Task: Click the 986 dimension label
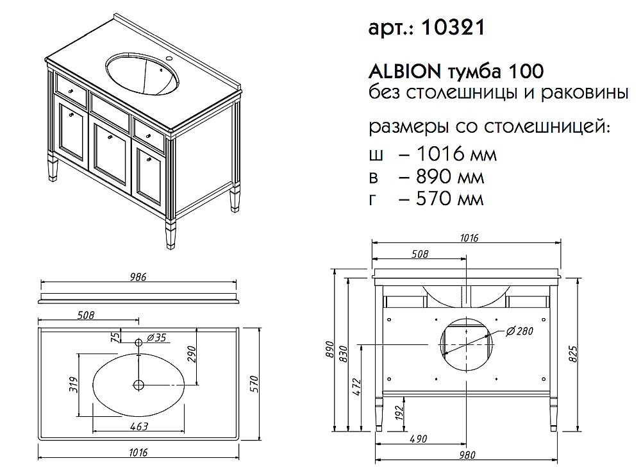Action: (x=138, y=277)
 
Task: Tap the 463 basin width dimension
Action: (x=139, y=426)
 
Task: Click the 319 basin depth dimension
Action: (x=73, y=384)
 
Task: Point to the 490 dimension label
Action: (x=419, y=439)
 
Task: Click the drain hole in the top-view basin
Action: (x=138, y=384)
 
